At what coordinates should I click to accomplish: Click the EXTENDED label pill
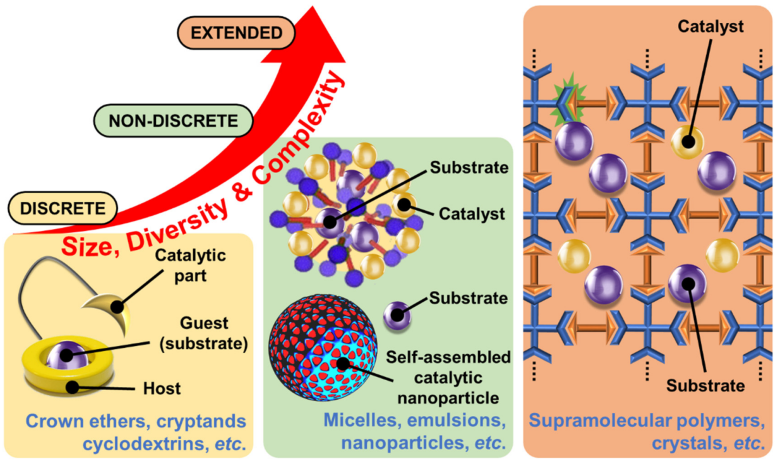[236, 32]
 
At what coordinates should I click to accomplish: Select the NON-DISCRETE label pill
[173, 120]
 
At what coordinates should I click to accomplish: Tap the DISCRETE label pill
[63, 208]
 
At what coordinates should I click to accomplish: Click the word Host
[162, 388]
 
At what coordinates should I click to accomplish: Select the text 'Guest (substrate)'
[204, 333]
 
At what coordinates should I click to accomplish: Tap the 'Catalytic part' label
[190, 265]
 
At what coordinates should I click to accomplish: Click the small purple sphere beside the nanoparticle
[397, 315]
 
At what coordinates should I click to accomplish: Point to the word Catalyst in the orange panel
[710, 26]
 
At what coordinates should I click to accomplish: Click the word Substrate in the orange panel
[705, 386]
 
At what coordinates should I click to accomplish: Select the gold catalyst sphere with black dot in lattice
[687, 142]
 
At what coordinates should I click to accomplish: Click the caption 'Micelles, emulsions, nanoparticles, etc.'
[414, 432]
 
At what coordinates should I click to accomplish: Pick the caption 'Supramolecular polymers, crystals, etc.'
[647, 432]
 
